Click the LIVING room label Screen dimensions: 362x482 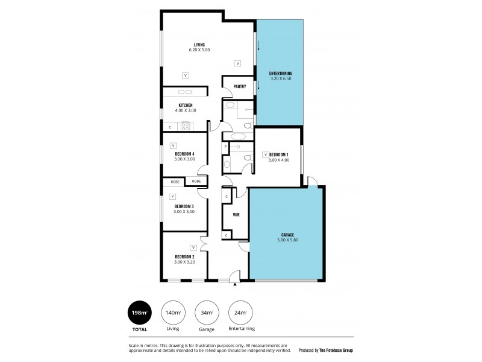pos(199,44)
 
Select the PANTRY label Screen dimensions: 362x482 pos(239,86)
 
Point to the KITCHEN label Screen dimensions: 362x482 pos(185,105)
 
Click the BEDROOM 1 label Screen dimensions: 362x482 pos(278,154)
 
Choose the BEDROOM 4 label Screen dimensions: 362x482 pos(185,153)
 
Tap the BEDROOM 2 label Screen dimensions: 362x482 pos(185,256)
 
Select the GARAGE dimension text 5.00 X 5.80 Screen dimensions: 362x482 pos(286,240)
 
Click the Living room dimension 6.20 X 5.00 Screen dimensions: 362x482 pos(199,50)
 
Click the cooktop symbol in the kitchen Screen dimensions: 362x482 pos(186,126)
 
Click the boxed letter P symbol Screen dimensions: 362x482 pos(225,147)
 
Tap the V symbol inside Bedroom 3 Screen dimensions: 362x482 pos(173,196)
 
